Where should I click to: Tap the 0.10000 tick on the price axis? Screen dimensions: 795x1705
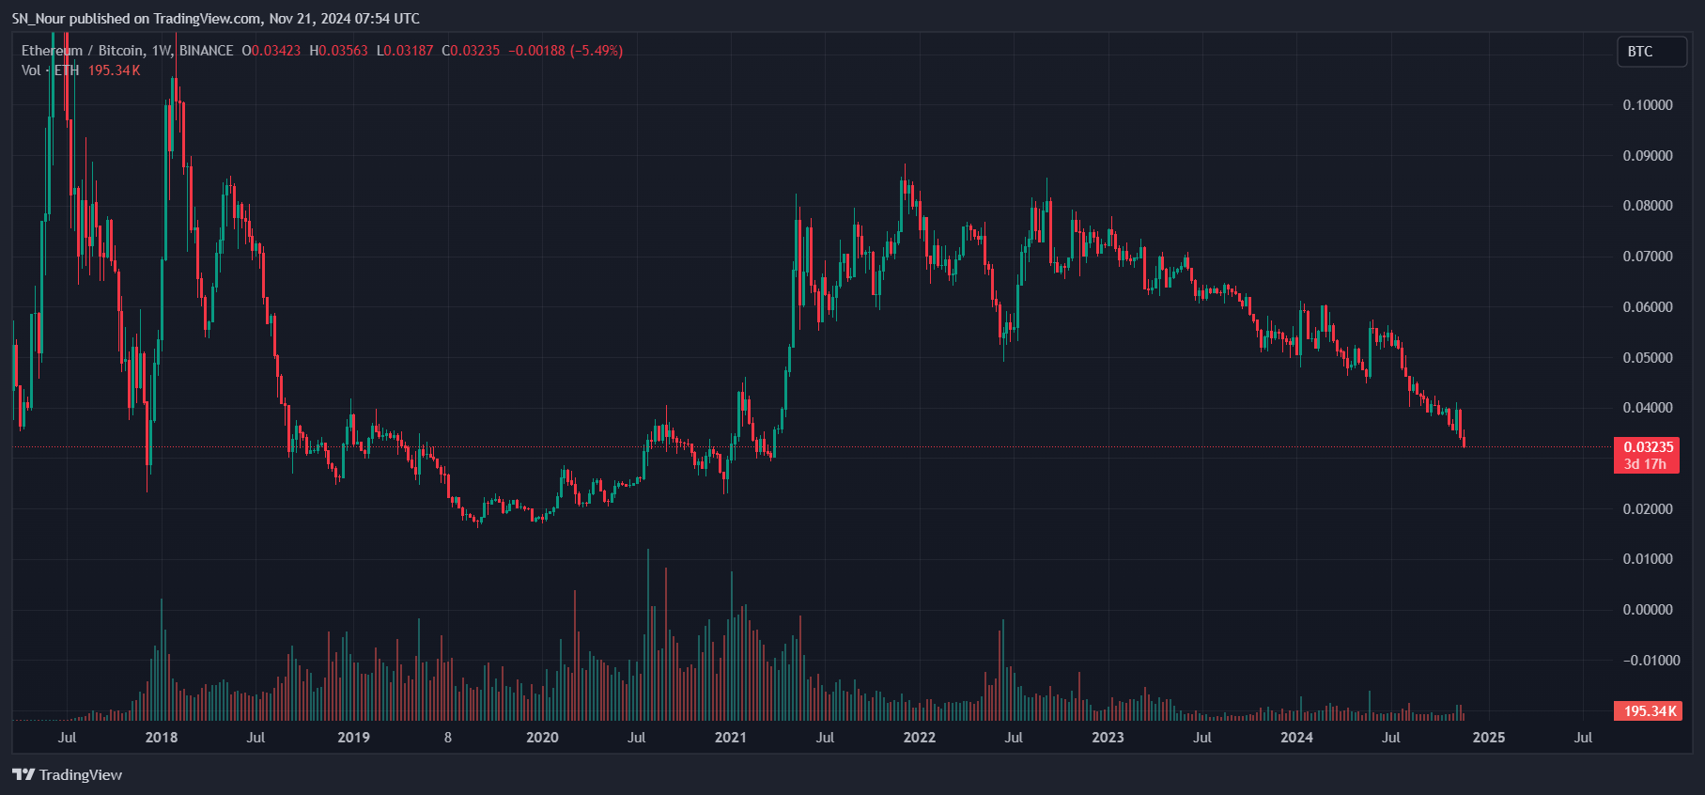click(1647, 105)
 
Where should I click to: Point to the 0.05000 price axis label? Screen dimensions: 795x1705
click(1647, 358)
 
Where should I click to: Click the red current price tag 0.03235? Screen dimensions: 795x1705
click(1648, 447)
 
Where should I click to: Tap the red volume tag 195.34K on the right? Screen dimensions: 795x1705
click(1648, 711)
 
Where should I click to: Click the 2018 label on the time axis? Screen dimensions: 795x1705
click(162, 738)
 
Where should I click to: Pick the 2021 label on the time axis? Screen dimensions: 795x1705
click(730, 738)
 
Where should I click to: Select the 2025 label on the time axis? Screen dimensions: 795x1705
click(1488, 738)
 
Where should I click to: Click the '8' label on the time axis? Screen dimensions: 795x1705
click(448, 738)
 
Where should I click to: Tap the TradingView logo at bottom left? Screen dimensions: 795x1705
click(68, 775)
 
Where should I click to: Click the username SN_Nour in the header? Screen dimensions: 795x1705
click(39, 19)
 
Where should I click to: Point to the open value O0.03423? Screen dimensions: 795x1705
click(271, 51)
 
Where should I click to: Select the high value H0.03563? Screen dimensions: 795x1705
click(339, 51)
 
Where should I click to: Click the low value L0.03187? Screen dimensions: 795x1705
click(405, 51)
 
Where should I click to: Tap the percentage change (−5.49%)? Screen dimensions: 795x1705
click(597, 51)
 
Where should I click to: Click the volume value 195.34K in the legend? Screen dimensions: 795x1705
click(114, 70)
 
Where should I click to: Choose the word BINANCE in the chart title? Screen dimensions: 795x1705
click(206, 51)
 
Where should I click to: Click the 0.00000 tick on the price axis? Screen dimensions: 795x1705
click(1647, 610)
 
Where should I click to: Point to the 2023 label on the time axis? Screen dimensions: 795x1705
click(1108, 738)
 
